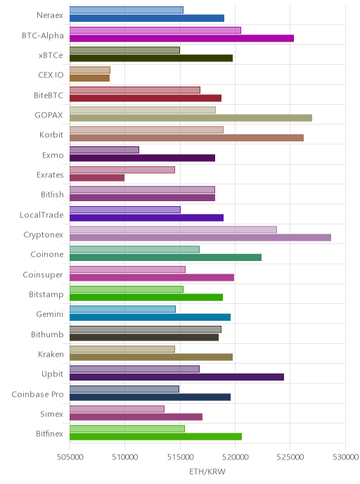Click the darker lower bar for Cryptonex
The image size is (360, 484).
click(x=200, y=237)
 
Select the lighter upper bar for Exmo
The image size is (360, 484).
click(x=104, y=150)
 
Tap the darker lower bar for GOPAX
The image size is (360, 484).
click(x=191, y=118)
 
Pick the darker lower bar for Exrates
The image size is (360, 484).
click(x=97, y=178)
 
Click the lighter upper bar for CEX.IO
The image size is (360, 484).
click(x=90, y=70)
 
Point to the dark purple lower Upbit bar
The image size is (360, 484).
click(x=176, y=377)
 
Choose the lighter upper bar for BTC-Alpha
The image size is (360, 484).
click(x=155, y=30)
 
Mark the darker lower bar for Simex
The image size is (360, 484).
click(x=136, y=416)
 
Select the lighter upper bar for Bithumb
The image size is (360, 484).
click(x=146, y=329)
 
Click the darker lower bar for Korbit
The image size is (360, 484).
click(x=186, y=138)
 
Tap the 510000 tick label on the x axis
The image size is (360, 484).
click(x=125, y=457)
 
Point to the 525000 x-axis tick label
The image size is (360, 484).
click(x=290, y=457)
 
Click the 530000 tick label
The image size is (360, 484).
click(x=345, y=457)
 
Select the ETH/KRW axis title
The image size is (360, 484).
click(x=207, y=471)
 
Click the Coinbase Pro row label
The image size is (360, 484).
click(x=37, y=394)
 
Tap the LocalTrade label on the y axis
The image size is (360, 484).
click(x=41, y=215)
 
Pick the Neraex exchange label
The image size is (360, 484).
click(x=50, y=15)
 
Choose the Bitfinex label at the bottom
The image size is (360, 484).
click(x=49, y=433)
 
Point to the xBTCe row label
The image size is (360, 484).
click(x=51, y=56)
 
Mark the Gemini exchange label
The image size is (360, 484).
click(x=49, y=314)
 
